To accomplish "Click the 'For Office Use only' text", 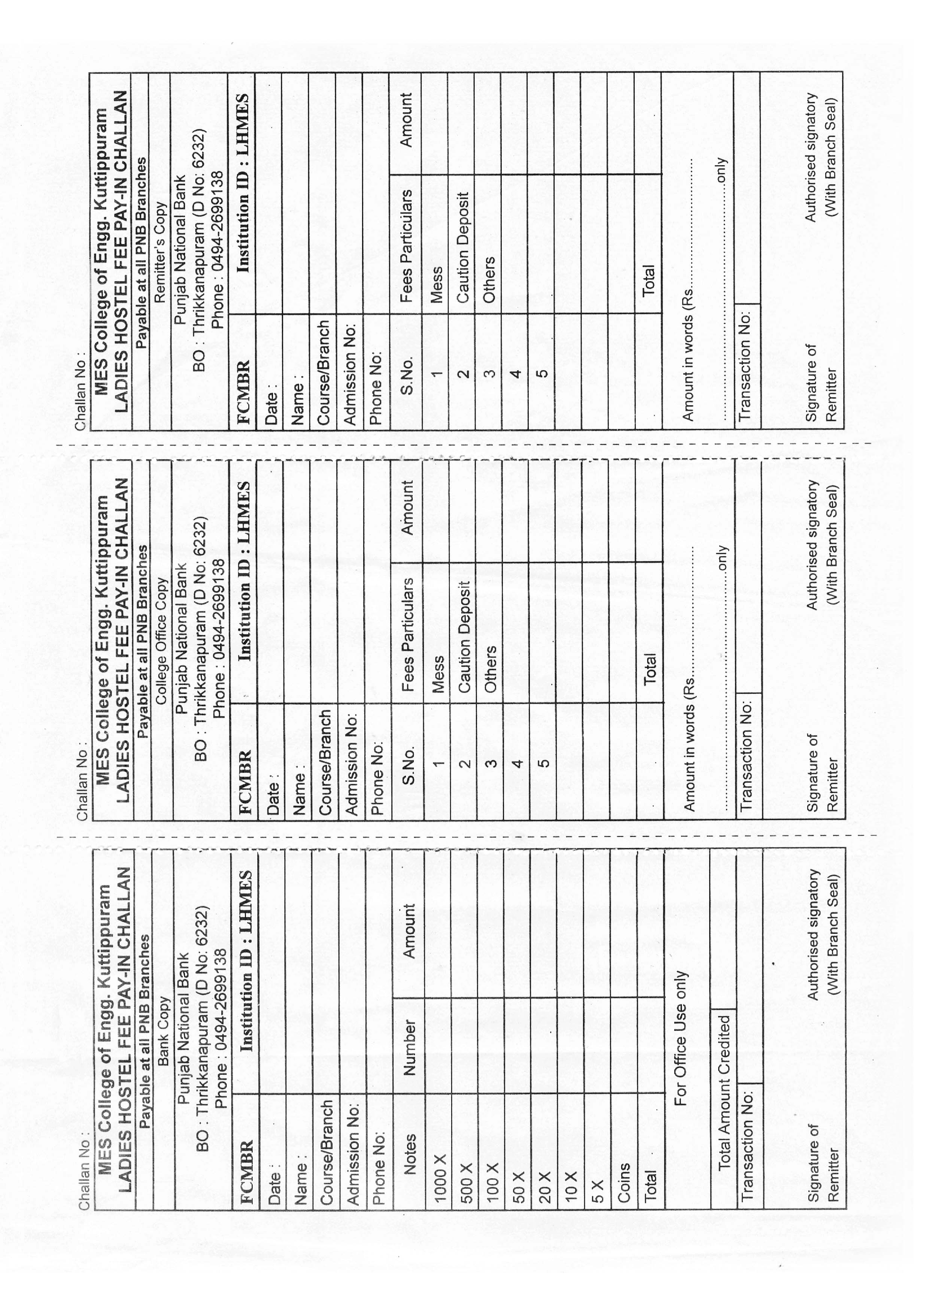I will click(681, 1038).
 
